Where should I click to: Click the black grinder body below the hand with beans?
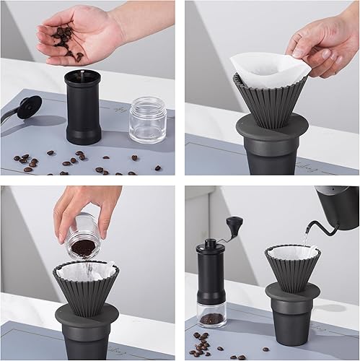point(82,108)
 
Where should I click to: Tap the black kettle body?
point(340,205)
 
